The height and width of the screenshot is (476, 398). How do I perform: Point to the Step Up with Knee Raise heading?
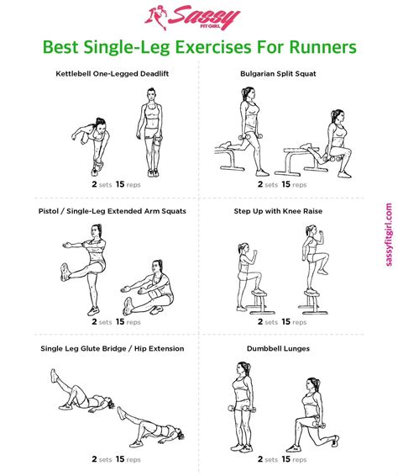[x=278, y=211]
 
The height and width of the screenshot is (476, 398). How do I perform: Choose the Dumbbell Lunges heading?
[x=278, y=348]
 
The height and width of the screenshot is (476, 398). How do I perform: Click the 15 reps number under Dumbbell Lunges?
[x=286, y=458]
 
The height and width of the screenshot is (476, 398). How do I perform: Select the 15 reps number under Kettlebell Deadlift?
[x=120, y=183]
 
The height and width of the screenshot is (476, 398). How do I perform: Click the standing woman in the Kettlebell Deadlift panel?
[x=152, y=135]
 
